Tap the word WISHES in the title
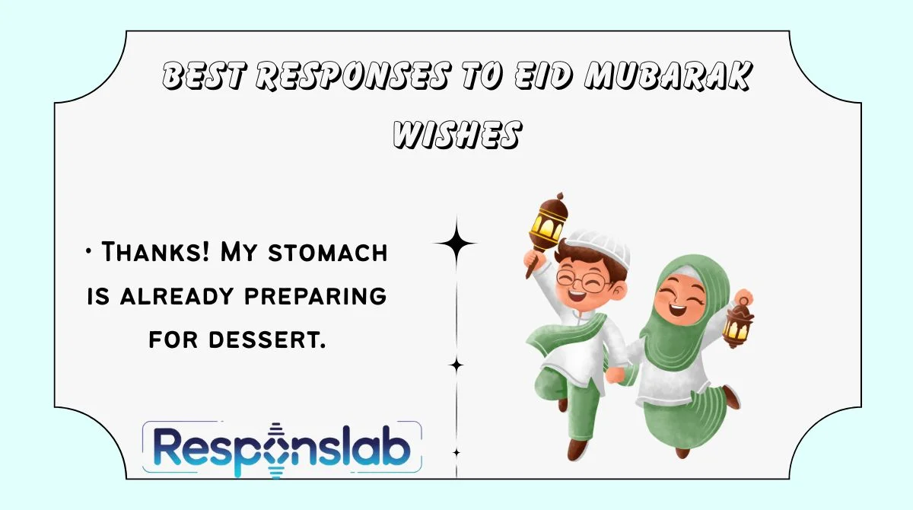[456, 135]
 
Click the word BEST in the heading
[205, 77]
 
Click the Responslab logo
[282, 449]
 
